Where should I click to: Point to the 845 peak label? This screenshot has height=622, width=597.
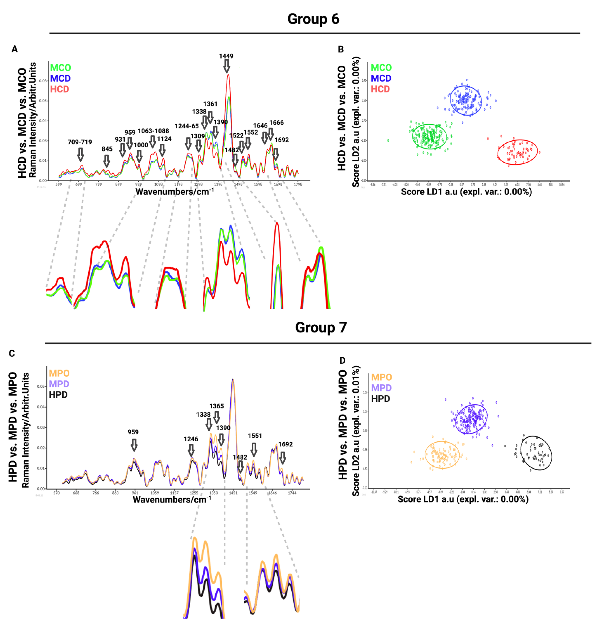(x=107, y=149)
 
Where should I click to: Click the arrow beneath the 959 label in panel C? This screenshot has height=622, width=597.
(x=134, y=445)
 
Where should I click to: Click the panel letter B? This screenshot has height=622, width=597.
(x=341, y=49)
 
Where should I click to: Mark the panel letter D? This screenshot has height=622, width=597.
(x=342, y=361)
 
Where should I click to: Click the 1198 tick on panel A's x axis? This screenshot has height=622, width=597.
(x=178, y=184)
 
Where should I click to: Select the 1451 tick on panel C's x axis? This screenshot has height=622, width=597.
(x=233, y=493)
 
